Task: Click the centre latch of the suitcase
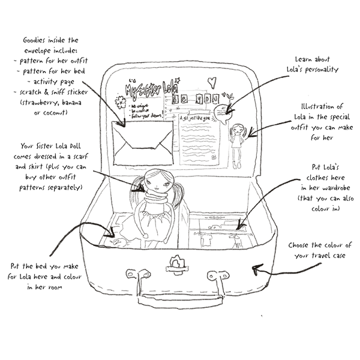coord(176,262)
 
